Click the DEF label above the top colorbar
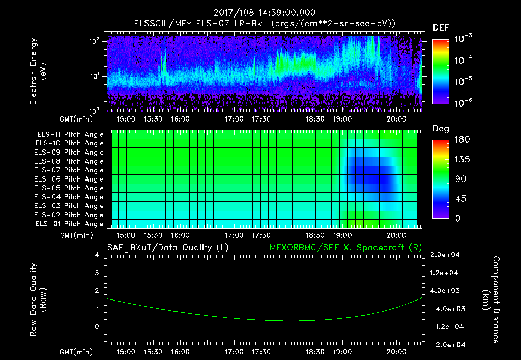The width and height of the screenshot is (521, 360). click(441, 27)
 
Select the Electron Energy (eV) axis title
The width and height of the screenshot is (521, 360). click(38, 73)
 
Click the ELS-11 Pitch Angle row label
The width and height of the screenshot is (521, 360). click(70, 135)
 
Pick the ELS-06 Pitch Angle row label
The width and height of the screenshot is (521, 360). click(70, 179)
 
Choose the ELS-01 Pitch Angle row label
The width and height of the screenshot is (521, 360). click(70, 224)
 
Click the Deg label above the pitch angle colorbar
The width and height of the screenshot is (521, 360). click(441, 129)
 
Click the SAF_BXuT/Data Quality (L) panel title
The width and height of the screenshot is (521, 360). click(167, 247)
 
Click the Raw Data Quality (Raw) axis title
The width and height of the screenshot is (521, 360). click(38, 300)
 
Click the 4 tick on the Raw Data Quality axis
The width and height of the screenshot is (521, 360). click(97, 255)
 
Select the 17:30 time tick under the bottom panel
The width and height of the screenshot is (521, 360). click(261, 351)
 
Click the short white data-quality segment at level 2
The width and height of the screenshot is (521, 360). click(123, 291)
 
